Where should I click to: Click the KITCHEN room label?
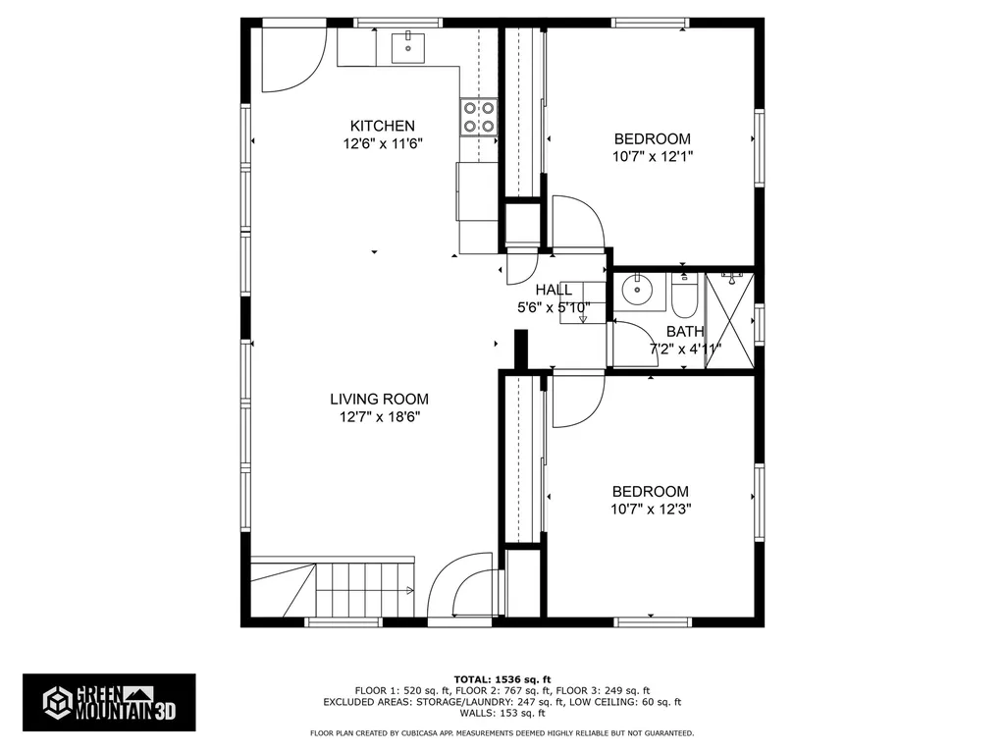(x=383, y=126)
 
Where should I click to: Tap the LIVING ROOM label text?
(x=379, y=399)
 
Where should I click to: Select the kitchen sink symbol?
(x=407, y=45)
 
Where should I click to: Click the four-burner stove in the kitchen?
(x=478, y=117)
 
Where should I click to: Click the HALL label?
(x=554, y=290)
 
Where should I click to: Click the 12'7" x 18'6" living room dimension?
(x=379, y=416)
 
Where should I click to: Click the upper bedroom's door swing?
(x=577, y=224)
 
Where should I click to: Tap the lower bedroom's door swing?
(x=578, y=401)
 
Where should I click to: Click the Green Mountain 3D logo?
(x=109, y=702)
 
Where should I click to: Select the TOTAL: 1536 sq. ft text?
(x=502, y=679)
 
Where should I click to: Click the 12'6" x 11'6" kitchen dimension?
(x=383, y=143)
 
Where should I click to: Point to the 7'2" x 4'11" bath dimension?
(x=685, y=349)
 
